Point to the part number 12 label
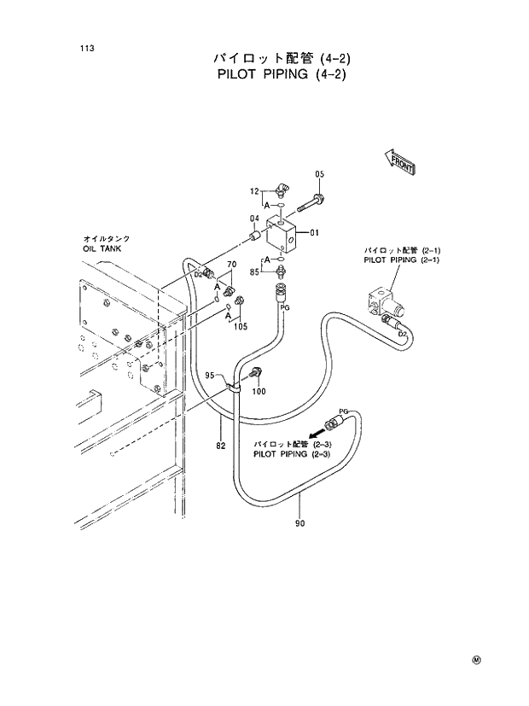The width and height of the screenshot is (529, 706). tap(254, 191)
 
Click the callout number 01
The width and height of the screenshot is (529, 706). tap(315, 232)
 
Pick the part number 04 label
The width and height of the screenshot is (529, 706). tap(254, 219)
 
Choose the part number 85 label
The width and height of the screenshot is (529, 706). tap(254, 271)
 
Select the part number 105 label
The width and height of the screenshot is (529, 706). tap(241, 326)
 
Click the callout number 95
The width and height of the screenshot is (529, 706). tap(210, 375)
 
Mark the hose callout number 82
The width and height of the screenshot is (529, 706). tap(220, 446)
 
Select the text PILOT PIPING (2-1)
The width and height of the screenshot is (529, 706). tap(401, 260)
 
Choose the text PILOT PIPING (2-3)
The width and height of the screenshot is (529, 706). tap(292, 454)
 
